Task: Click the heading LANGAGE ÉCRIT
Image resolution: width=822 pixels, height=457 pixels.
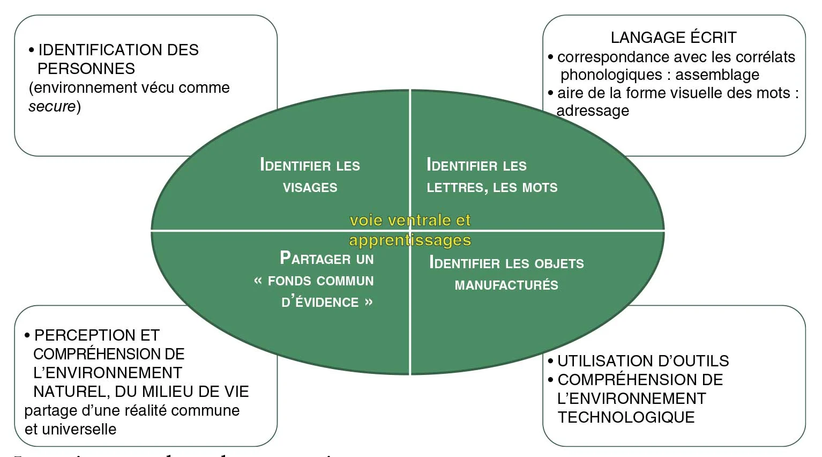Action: click(674, 38)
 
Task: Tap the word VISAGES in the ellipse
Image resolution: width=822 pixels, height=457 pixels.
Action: click(310, 188)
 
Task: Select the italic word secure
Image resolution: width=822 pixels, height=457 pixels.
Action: click(52, 106)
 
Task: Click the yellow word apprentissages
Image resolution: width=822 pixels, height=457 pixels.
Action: click(410, 240)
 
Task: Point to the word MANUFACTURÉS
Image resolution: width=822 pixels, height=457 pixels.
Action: click(506, 285)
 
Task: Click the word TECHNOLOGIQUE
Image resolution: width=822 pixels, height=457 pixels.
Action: click(626, 417)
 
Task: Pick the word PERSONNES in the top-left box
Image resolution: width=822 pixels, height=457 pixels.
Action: click(86, 69)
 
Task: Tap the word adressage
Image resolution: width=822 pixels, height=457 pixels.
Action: click(593, 111)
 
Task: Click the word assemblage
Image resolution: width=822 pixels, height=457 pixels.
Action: click(718, 75)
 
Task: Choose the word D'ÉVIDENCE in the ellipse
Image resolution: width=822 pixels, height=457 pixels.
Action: click(320, 303)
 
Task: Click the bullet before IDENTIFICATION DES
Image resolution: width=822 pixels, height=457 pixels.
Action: click(32, 50)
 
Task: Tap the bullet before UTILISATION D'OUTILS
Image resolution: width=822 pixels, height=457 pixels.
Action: click(550, 362)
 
